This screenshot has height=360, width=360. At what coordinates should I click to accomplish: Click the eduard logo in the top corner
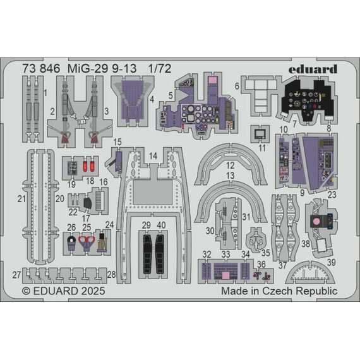click(x=313, y=69)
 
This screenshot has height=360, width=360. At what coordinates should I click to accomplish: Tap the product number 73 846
click(x=41, y=69)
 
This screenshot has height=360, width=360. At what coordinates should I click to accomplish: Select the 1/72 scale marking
click(x=160, y=69)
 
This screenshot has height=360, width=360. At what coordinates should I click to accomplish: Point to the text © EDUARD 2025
click(x=64, y=291)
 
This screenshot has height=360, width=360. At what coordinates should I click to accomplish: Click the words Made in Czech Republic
click(x=279, y=291)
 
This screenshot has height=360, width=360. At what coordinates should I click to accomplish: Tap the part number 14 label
click(x=153, y=156)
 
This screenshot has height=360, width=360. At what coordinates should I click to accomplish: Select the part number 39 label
click(x=332, y=263)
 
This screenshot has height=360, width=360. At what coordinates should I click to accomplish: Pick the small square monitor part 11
click(x=260, y=134)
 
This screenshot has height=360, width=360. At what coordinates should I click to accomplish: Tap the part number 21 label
click(x=21, y=199)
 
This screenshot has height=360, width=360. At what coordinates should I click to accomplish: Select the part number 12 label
click(x=231, y=165)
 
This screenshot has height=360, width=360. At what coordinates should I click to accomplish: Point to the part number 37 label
click(x=282, y=266)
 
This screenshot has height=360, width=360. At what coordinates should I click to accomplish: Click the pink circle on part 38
click(x=316, y=221)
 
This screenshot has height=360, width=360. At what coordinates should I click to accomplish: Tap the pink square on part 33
click(x=225, y=275)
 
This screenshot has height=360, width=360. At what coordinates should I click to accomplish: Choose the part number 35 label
click(x=266, y=253)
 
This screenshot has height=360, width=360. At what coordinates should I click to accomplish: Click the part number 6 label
click(x=237, y=86)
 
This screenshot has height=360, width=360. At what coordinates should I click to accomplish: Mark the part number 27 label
click(x=16, y=275)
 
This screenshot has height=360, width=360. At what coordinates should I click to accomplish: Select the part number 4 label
click(x=152, y=99)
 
